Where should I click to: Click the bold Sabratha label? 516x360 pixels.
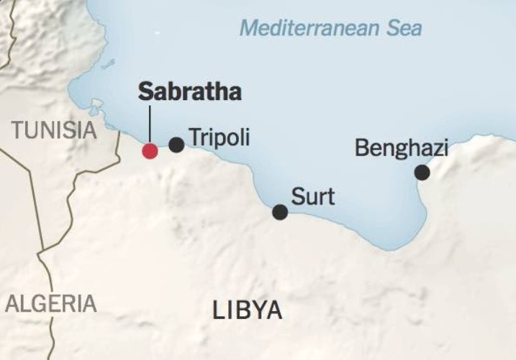[x=189, y=93]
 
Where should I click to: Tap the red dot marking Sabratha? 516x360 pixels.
[x=150, y=150]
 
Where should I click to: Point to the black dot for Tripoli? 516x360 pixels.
[x=176, y=145]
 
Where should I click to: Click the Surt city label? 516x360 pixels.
[x=313, y=196]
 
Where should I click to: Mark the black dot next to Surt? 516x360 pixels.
[x=280, y=212]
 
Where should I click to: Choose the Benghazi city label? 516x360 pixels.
[x=402, y=149]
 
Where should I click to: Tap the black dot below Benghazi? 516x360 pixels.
[x=422, y=173]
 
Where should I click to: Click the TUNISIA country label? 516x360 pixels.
[x=54, y=130]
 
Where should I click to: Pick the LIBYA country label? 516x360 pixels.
[x=247, y=310]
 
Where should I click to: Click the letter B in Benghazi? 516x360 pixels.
[x=362, y=149]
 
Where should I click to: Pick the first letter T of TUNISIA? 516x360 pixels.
[x=17, y=130]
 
